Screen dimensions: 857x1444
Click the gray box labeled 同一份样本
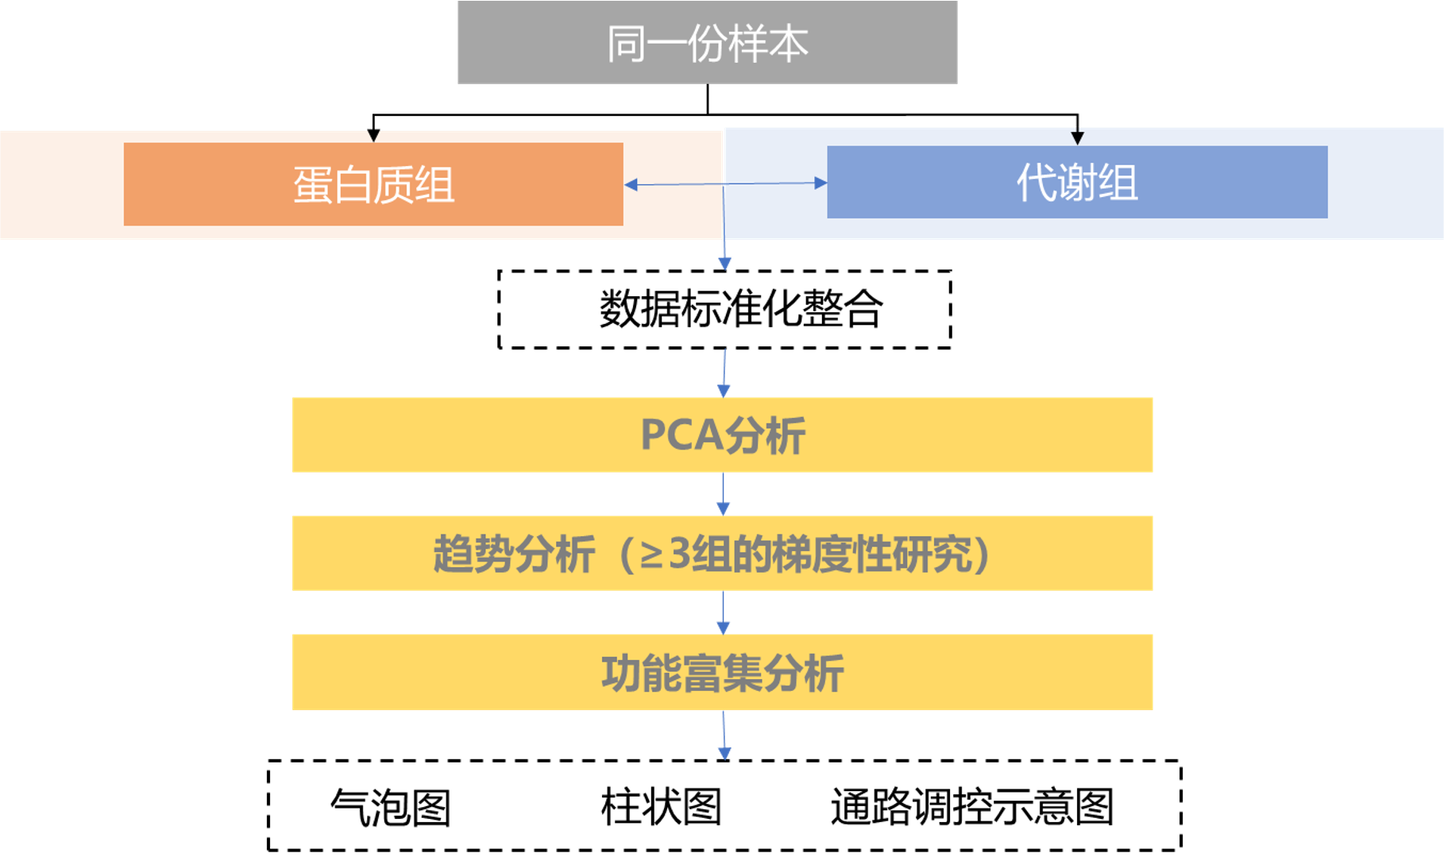[707, 42]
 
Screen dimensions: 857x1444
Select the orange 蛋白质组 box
[373, 184]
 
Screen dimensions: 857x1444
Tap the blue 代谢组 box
[1077, 182]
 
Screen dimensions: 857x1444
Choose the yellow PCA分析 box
[722, 434]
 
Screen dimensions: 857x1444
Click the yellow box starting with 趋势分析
[722, 553]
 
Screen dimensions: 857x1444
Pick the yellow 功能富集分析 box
[722, 672]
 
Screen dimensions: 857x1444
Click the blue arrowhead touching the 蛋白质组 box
[631, 185]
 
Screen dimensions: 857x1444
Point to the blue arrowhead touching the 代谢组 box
[820, 183]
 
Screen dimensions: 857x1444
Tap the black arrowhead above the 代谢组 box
[1077, 137]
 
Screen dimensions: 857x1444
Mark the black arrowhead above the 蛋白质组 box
[373, 137]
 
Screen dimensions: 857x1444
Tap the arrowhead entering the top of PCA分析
[724, 390]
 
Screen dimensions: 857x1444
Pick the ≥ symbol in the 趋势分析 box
[651, 555]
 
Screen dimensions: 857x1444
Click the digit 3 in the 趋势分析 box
[679, 554]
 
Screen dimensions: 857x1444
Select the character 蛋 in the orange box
[312, 185]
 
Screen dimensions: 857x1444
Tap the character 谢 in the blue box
[1077, 183]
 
